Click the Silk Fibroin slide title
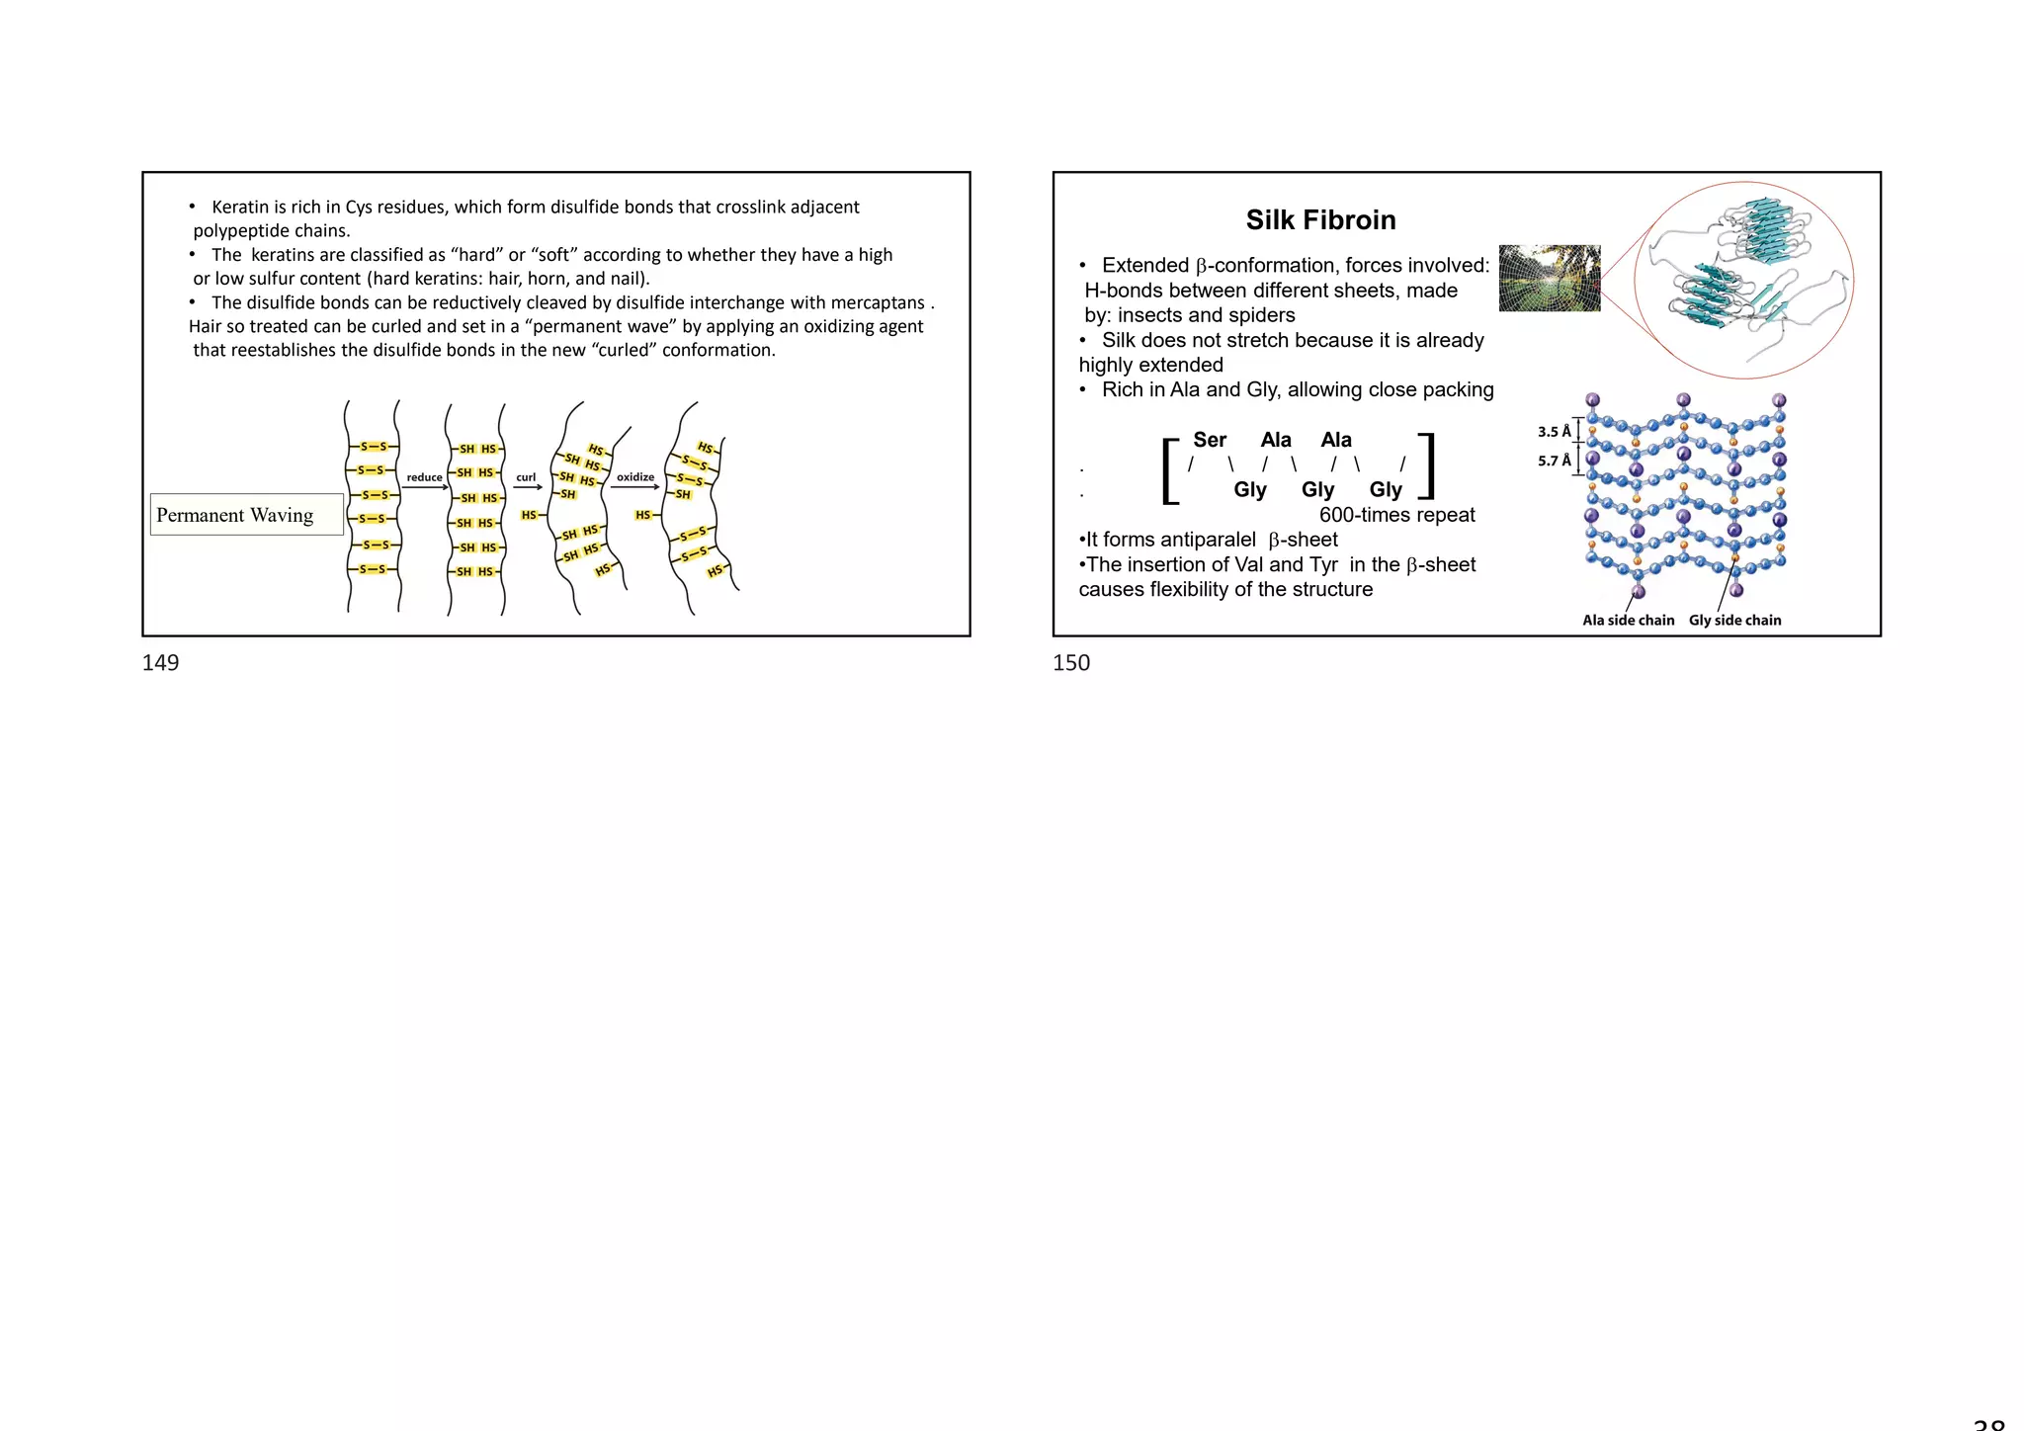click(1320, 219)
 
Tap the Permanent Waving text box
click(246, 515)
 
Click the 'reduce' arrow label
click(425, 477)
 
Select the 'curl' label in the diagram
click(526, 477)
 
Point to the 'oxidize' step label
click(635, 477)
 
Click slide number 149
click(160, 663)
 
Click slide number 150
click(1071, 663)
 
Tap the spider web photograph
click(1549, 278)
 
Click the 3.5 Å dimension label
click(1554, 432)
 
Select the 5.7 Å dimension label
click(1554, 462)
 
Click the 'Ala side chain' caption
click(1628, 621)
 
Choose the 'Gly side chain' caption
click(1734, 621)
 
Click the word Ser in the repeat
click(1210, 440)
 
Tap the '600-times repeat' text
click(1396, 515)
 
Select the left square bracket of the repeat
click(1171, 470)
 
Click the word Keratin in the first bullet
click(240, 208)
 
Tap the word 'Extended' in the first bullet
click(1144, 266)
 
